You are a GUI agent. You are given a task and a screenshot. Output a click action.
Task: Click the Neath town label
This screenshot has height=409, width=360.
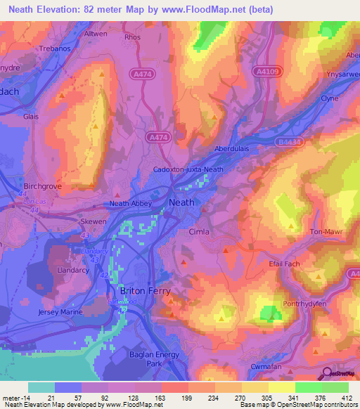tap(183, 202)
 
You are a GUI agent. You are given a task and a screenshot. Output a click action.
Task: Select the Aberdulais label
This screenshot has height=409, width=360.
tap(232, 150)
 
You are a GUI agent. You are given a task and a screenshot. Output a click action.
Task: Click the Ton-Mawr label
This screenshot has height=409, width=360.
tap(325, 231)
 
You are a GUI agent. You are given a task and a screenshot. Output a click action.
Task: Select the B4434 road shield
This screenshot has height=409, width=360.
tap(290, 141)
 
